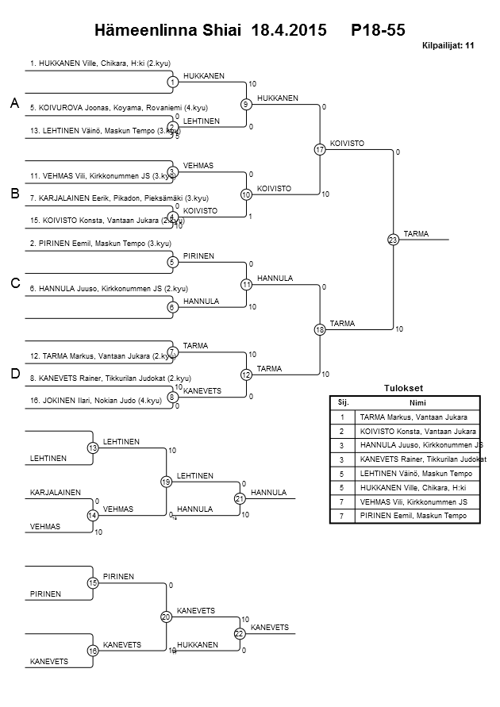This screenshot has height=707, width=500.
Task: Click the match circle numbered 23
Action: coord(393,240)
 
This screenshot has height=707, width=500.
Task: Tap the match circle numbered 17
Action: coord(320,149)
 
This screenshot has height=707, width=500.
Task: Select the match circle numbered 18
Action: coord(320,329)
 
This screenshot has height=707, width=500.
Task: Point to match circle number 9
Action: coord(246,104)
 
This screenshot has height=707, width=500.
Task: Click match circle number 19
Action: coord(166,482)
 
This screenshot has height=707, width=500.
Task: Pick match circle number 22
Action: coord(240,633)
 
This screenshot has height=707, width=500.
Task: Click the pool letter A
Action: coord(14,103)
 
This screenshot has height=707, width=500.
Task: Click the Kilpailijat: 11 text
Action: coord(449,46)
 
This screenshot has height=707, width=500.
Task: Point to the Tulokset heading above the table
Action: coord(404,388)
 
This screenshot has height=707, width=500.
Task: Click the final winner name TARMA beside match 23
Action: coord(416,233)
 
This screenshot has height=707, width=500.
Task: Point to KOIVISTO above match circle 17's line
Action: coord(347,143)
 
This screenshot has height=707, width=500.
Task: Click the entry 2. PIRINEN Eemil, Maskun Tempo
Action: coord(100,243)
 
